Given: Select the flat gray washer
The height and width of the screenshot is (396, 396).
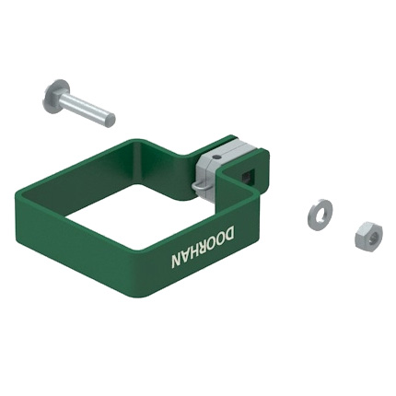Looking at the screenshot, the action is click(x=320, y=212).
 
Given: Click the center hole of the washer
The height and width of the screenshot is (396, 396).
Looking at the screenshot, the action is click(x=320, y=212).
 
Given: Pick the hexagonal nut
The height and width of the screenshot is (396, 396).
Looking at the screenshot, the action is click(x=368, y=236).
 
